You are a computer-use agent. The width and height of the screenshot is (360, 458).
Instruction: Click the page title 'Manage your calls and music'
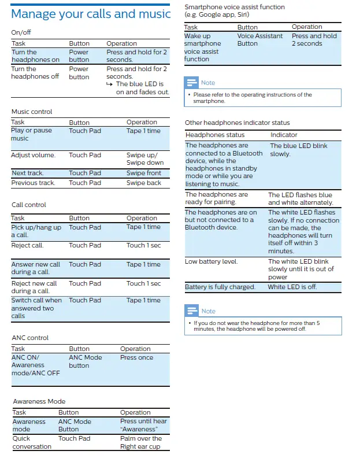coord(91,13)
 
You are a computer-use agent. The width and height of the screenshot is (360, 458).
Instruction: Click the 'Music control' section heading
coord(32,112)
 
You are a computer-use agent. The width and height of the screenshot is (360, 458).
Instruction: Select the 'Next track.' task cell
coord(28,173)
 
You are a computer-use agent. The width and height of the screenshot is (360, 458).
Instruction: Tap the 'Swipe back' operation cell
coord(144,183)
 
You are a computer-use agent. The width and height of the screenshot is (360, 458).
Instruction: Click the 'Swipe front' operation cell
coord(144,173)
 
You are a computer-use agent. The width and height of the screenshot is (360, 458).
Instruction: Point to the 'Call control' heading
coord(29,205)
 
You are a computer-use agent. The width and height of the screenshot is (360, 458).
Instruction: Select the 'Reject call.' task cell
coord(28,245)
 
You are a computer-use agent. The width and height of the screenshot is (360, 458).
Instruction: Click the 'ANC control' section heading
coord(30,338)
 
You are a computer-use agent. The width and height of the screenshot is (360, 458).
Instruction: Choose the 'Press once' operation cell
coord(136,357)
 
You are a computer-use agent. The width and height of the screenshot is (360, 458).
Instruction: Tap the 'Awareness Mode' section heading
coord(39,401)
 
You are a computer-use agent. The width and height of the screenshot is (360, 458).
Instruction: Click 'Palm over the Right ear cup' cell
coord(140,442)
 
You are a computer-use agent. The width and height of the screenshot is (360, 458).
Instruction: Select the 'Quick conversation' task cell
coord(32,442)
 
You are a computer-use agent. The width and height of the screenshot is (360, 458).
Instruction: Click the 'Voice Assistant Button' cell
coord(260,39)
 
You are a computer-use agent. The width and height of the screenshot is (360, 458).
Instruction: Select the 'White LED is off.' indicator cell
coord(292,287)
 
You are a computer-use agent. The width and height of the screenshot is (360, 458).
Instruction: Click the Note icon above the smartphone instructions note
coord(192,83)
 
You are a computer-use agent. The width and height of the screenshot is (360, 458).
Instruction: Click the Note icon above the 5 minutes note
coord(192,311)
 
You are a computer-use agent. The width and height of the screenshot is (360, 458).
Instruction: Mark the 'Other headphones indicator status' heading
coord(237,123)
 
